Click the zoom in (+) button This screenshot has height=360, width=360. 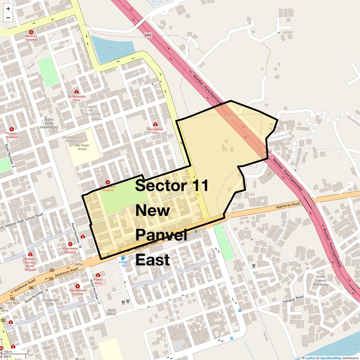(8, 9)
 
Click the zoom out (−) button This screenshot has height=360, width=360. (8, 18)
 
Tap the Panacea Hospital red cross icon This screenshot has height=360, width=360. (31, 32)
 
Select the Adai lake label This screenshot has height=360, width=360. (114, 48)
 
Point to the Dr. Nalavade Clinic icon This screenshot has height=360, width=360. (76, 92)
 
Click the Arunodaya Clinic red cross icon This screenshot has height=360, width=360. (155, 124)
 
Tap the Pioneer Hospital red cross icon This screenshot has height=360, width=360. (12, 129)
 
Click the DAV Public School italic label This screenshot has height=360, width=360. (82, 147)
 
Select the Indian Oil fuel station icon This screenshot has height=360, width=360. (123, 258)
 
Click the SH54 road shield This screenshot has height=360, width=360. (79, 264)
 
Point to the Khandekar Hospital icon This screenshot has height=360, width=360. (70, 244)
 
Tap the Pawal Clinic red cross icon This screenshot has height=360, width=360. (98, 275)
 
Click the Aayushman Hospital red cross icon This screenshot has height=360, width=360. (77, 286)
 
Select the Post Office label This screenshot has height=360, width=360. (111, 312)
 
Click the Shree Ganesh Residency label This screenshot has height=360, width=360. (321, 280)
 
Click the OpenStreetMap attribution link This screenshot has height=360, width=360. (330, 358)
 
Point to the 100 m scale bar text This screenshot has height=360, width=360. (8, 352)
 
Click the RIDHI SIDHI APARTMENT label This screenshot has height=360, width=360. (49, 123)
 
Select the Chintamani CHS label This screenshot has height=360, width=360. (51, 302)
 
